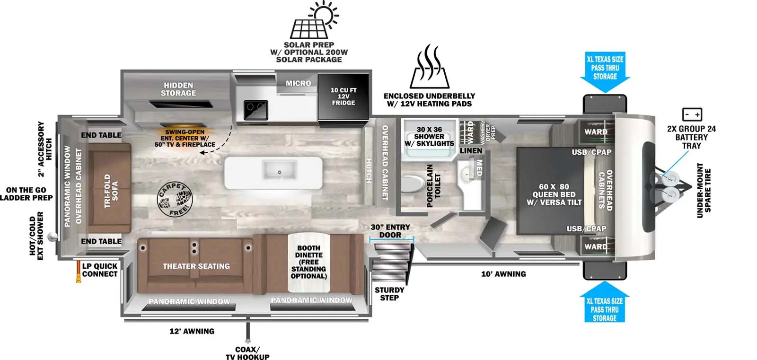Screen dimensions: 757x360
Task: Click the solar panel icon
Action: tap(314, 20)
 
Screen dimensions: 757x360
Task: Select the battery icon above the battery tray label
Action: tap(692, 114)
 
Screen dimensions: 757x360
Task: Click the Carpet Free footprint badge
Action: tap(175, 199)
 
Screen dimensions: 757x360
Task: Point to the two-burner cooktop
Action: tap(256, 110)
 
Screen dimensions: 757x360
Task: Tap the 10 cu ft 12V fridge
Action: tap(343, 97)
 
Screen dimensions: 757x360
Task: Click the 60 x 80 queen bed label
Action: tap(554, 194)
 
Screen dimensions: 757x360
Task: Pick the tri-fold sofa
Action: tap(109, 188)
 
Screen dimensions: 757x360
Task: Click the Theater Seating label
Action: tap(196, 266)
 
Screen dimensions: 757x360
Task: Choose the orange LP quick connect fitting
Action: tap(79, 272)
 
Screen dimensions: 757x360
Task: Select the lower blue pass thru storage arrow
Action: tap(605, 302)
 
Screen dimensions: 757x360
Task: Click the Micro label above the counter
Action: tap(299, 83)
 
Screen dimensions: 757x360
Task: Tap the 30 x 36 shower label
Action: tap(429, 137)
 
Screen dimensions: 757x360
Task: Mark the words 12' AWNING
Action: tap(192, 331)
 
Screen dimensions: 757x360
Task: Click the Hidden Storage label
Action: tap(178, 89)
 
